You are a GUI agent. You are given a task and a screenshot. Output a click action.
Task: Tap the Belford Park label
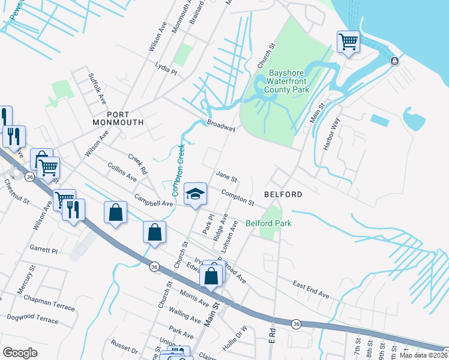pyautogui.click(x=268, y=224)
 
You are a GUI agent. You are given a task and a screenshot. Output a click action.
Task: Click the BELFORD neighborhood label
pyautogui.click(x=282, y=195)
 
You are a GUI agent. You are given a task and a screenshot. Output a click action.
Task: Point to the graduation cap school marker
pyautogui.click(x=194, y=194)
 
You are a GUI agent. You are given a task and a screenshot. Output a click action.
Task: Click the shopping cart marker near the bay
pyautogui.click(x=348, y=42)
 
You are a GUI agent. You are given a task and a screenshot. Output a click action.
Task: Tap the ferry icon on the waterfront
pyautogui.click(x=394, y=61)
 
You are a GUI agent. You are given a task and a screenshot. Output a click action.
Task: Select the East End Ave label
pyautogui.click(x=311, y=291)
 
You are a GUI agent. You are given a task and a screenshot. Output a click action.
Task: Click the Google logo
pyautogui.click(x=20, y=353)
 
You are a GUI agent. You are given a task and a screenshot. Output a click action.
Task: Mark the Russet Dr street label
pyautogui.click(x=124, y=347)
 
